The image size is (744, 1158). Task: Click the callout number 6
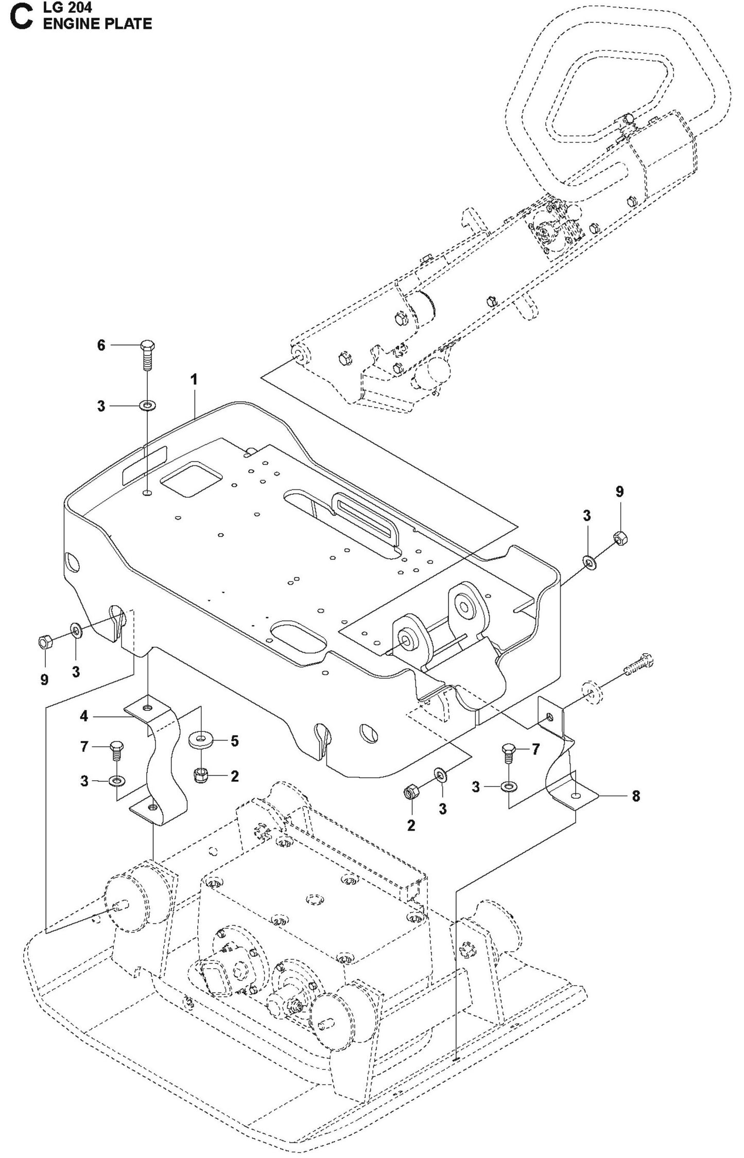pyautogui.click(x=101, y=345)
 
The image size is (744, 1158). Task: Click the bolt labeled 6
pyautogui.click(x=147, y=355)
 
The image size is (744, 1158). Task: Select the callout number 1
pyautogui.click(x=194, y=380)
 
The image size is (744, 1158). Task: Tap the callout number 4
pyautogui.click(x=84, y=715)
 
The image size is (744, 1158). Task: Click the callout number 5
pyautogui.click(x=234, y=741)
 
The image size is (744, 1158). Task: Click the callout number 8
pyautogui.click(x=636, y=796)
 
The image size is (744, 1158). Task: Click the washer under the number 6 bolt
pyautogui.click(x=148, y=407)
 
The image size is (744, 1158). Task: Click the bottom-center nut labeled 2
pyautogui.click(x=411, y=794)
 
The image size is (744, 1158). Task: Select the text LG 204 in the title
pyautogui.click(x=67, y=7)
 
